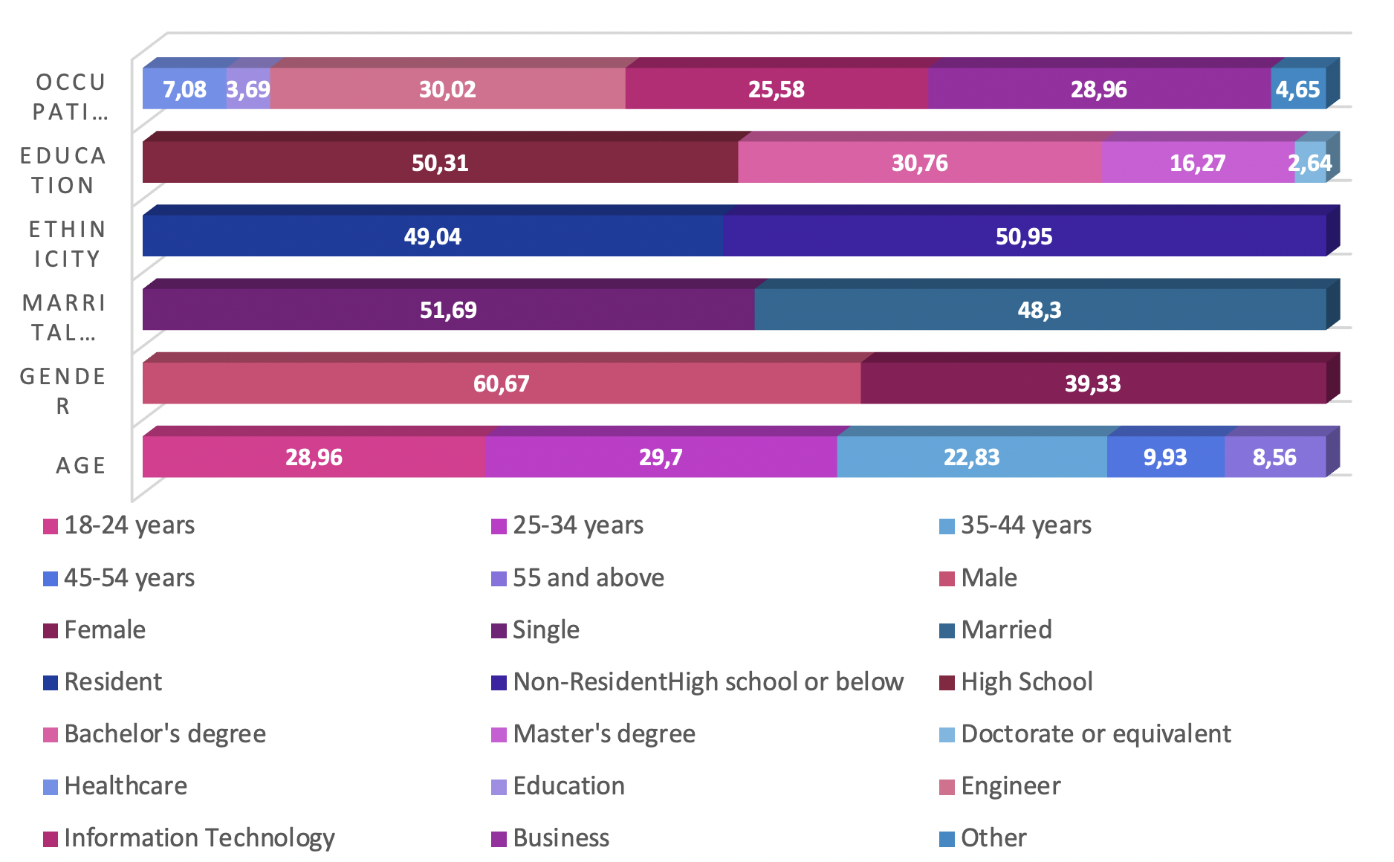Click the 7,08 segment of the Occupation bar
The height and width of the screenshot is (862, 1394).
[184, 89]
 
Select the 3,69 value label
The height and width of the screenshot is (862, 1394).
[248, 90]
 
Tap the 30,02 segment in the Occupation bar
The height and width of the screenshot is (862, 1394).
[447, 89]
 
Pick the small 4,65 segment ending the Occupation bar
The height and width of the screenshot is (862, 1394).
[1298, 89]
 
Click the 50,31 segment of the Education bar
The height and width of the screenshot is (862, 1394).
[440, 163]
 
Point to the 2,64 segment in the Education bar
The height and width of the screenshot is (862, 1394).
[1310, 163]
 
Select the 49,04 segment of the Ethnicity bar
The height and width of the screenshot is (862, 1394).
[432, 236]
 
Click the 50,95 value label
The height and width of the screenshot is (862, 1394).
[1024, 236]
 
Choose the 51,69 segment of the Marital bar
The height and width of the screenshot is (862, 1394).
[448, 310]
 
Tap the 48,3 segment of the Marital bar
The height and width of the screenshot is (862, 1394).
[1040, 310]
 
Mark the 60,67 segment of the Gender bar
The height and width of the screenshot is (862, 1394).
[502, 383]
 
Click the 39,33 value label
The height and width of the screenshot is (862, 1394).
[1092, 383]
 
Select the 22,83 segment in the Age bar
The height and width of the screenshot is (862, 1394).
[971, 457]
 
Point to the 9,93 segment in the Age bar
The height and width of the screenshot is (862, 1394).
[1165, 457]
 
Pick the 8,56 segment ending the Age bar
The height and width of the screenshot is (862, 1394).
[1274, 457]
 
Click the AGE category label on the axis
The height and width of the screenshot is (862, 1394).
[81, 466]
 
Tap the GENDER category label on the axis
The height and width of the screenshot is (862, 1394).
[63, 391]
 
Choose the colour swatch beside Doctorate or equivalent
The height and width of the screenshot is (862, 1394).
[947, 735]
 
